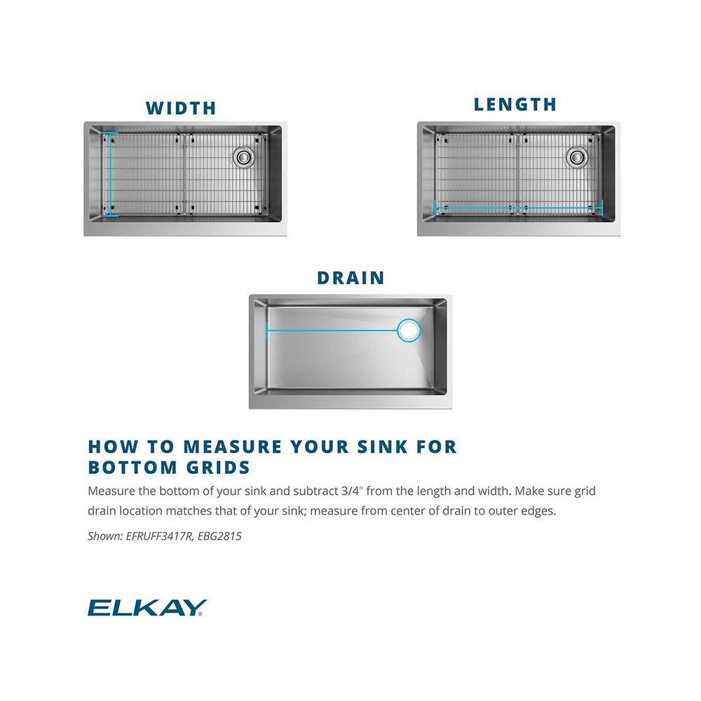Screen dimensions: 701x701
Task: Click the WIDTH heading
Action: (181, 108)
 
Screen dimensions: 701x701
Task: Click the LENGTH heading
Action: (515, 104)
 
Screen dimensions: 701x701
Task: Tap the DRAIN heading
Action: (350, 278)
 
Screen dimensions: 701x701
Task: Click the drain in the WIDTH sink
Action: (243, 157)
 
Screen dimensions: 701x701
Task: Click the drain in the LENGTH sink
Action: (576, 157)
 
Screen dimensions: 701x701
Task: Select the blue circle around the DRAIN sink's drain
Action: (408, 330)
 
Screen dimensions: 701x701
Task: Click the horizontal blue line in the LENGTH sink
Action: (519, 207)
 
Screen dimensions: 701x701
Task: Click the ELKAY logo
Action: (146, 607)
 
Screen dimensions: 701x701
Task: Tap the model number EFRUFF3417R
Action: (163, 536)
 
